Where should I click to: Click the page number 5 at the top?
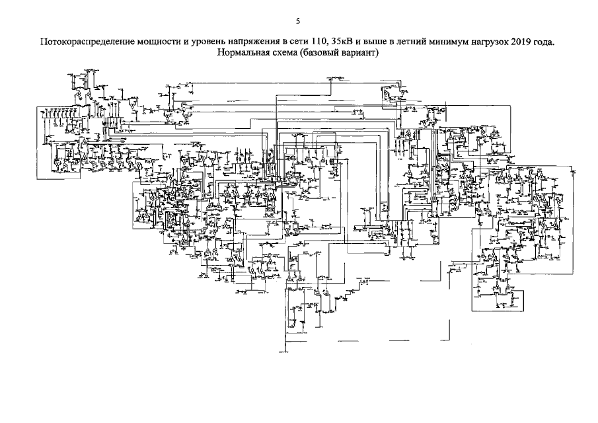(x=298, y=20)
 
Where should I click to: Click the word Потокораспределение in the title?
(x=84, y=42)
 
